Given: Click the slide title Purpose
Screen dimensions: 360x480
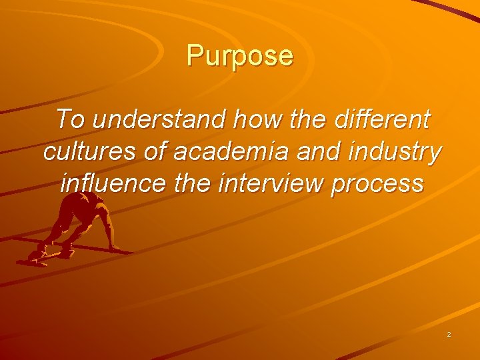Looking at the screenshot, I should (x=240, y=56).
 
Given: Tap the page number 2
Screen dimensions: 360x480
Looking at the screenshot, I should (x=449, y=334).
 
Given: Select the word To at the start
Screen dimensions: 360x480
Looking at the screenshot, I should (x=71, y=121).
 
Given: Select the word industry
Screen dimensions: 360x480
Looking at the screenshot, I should (x=397, y=152).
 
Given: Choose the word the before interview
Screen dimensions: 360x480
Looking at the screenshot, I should (x=193, y=183).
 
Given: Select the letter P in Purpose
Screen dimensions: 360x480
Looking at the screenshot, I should (x=194, y=56).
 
